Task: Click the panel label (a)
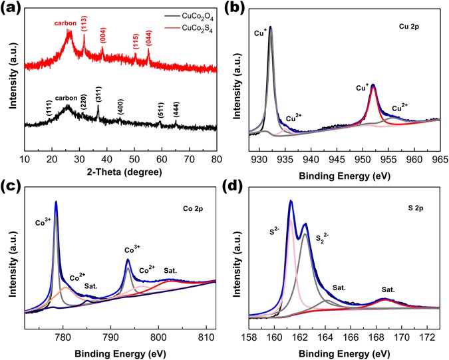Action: (11, 10)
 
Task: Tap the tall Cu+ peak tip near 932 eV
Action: (271, 27)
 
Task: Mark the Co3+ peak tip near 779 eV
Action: (56, 202)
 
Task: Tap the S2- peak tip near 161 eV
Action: (291, 201)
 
